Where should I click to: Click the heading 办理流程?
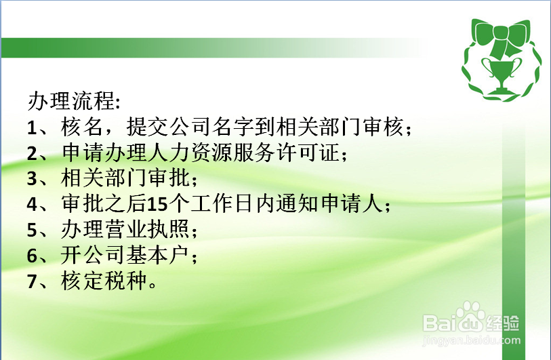pyautogui.click(x=73, y=101)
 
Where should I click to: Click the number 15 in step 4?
pyautogui.click(x=157, y=204)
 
